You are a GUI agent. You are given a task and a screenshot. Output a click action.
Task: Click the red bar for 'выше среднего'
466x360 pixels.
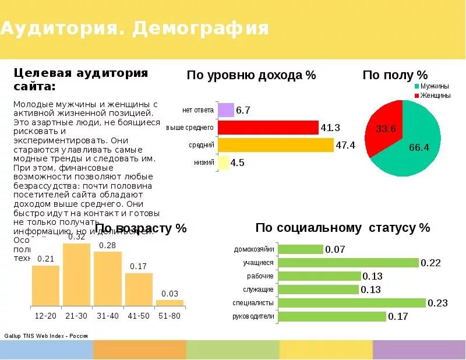(x=268, y=127)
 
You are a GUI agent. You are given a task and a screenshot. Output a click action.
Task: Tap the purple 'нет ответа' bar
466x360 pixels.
(x=225, y=110)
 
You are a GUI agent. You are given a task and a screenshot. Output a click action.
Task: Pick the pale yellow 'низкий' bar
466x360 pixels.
(x=223, y=163)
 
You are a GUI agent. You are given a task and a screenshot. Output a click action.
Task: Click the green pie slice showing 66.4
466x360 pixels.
(x=416, y=143)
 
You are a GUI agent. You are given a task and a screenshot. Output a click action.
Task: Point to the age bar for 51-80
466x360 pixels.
(x=170, y=303)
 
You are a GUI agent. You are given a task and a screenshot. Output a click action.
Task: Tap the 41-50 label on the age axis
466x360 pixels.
(x=139, y=315)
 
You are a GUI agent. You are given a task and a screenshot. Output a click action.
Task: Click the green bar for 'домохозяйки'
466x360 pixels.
(x=301, y=249)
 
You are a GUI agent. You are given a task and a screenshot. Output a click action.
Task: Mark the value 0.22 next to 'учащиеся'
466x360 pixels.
(x=431, y=263)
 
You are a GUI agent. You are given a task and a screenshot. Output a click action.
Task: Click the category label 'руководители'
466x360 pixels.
(x=253, y=316)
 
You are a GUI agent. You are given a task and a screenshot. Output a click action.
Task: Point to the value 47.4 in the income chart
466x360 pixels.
(x=345, y=145)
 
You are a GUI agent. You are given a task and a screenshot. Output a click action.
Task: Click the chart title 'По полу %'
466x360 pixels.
(x=395, y=75)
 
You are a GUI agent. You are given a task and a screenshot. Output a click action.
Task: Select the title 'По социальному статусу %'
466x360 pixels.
(x=343, y=227)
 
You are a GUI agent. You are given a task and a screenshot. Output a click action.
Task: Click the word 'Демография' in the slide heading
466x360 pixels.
(x=200, y=28)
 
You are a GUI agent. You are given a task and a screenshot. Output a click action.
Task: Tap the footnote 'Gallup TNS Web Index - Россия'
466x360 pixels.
(x=46, y=336)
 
